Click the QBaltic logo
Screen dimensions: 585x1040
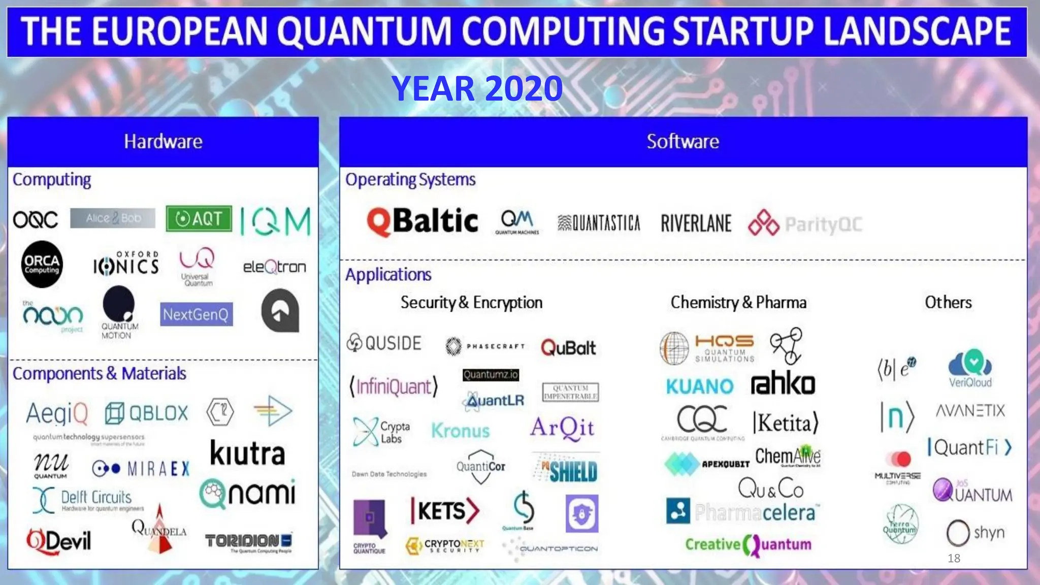pos(422,221)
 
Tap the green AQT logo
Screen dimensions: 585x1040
pos(199,218)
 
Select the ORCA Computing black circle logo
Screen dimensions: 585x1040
pos(42,264)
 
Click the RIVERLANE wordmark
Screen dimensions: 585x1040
pos(696,223)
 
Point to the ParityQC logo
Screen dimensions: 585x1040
pos(805,224)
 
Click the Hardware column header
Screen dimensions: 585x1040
pos(163,142)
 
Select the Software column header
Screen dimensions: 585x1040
pos(682,142)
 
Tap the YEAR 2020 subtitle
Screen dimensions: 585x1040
pos(477,88)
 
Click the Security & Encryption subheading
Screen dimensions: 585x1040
pos(471,303)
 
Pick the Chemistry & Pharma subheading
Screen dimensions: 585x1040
pos(738,303)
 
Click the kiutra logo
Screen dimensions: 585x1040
pos(247,453)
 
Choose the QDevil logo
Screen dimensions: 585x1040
pos(59,540)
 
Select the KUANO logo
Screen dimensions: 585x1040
pos(700,386)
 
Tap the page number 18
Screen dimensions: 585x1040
pos(954,559)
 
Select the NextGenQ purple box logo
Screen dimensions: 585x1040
pos(196,314)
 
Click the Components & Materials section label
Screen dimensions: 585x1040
pos(100,374)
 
